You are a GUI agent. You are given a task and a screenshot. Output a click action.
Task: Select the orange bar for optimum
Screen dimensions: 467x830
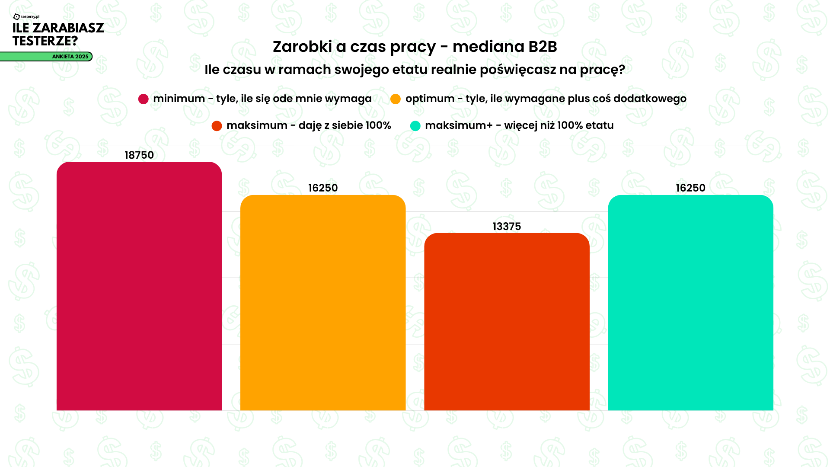tap(322, 303)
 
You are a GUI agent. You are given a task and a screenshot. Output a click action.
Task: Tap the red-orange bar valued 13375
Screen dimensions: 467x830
tap(507, 322)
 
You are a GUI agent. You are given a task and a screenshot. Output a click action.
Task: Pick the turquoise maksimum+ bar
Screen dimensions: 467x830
tap(690, 303)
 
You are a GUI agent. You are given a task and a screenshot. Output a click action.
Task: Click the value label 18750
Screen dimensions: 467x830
tap(139, 155)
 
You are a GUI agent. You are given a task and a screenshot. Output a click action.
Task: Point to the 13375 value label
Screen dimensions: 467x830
tap(507, 227)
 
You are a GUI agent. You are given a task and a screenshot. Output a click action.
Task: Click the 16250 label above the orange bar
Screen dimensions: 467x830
tap(322, 188)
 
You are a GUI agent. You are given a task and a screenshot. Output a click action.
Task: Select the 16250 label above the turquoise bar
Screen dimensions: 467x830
tap(690, 188)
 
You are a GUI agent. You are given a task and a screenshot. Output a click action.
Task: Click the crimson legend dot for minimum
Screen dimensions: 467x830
tap(143, 99)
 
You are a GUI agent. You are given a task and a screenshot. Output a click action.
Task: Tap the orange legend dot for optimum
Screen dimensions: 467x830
tap(395, 99)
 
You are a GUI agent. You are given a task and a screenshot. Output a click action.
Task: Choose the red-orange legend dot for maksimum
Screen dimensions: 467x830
tap(217, 126)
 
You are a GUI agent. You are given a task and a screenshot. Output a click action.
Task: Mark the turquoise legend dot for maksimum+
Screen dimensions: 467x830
tap(415, 126)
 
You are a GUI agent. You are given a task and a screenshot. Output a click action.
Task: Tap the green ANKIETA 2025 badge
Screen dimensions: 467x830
tap(70, 57)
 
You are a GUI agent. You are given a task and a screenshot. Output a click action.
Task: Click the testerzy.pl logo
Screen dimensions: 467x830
tap(26, 17)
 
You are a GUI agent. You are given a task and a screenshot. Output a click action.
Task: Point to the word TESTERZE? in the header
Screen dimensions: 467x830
tap(45, 41)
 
